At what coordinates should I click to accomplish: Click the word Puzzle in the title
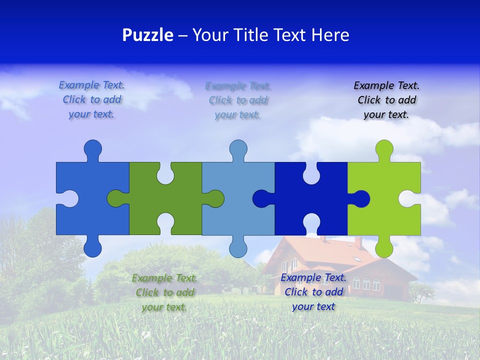pos(148,35)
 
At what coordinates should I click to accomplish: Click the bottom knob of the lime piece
pos(384,248)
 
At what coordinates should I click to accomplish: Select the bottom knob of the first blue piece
pos(92,248)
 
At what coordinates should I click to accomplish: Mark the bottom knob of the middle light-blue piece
pos(238,248)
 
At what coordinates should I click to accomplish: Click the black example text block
pos(386,100)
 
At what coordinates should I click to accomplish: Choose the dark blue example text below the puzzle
pos(313,292)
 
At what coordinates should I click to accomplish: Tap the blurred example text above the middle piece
pos(238,100)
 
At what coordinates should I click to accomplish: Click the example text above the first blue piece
pos(92,99)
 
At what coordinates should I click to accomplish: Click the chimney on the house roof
pos(358,242)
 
